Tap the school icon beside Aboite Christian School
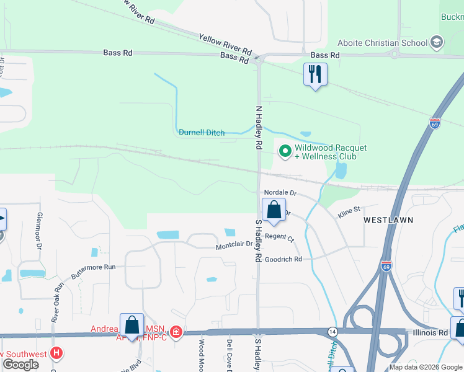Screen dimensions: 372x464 437,43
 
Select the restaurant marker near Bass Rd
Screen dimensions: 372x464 315,74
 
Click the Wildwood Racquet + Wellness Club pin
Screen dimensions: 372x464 285,151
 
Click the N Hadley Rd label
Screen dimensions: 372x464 259,128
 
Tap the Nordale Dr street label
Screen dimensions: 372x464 280,193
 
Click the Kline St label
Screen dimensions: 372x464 349,212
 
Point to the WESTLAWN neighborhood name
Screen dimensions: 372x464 388,220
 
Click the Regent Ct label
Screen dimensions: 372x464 279,236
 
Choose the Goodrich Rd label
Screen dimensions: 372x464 283,259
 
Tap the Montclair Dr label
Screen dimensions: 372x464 234,244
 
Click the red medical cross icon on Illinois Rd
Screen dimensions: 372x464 176,332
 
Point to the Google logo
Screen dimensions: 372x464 20,365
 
